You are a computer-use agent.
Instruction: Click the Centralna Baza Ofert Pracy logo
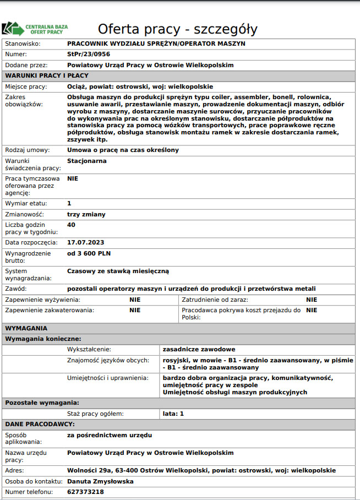click(x=35, y=28)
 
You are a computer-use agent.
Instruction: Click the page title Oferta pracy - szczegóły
click(x=177, y=29)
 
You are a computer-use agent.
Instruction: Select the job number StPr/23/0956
click(x=88, y=54)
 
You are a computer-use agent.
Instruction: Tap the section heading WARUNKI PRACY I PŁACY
click(x=47, y=75)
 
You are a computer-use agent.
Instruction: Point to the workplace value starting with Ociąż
click(x=140, y=86)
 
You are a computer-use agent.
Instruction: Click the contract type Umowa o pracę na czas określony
click(x=123, y=150)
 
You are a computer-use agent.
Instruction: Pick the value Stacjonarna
click(x=86, y=161)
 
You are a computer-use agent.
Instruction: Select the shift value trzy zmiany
click(x=86, y=214)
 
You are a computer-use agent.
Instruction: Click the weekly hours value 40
click(x=71, y=225)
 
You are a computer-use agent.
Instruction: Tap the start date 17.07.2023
click(x=85, y=242)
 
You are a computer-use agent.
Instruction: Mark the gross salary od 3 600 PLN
click(x=88, y=253)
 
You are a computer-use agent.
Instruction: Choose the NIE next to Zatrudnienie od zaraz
click(x=312, y=300)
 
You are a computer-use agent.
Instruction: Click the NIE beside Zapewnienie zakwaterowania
click(x=135, y=310)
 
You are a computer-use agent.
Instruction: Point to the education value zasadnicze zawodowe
click(x=199, y=349)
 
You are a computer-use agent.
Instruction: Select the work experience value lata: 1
click(x=173, y=413)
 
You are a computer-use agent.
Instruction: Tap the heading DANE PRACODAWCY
click(x=40, y=425)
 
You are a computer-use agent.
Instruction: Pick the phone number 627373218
click(x=85, y=492)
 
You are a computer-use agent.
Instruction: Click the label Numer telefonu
click(x=29, y=492)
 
